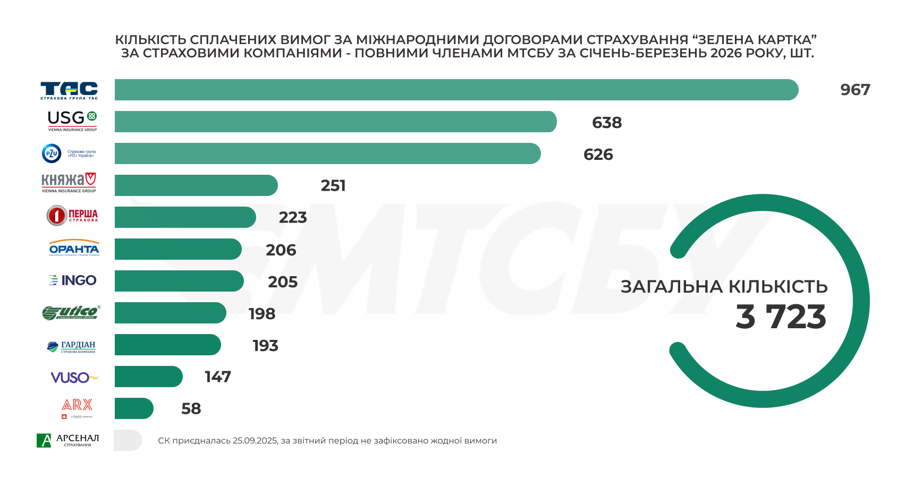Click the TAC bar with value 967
click(x=456, y=90)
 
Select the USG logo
click(x=72, y=121)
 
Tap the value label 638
click(x=607, y=123)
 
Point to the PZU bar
click(x=327, y=153)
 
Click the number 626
click(x=598, y=155)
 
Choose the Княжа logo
click(x=69, y=183)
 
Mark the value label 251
click(x=333, y=185)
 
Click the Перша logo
click(x=72, y=216)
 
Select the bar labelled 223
click(x=185, y=217)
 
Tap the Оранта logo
click(x=74, y=248)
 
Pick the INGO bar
click(x=179, y=281)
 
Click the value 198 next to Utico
click(x=262, y=314)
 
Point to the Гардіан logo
click(x=71, y=347)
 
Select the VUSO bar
click(x=148, y=377)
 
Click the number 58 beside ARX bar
click(x=191, y=408)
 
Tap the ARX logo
click(x=77, y=408)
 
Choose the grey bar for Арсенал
click(x=128, y=440)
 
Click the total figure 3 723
click(x=781, y=317)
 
